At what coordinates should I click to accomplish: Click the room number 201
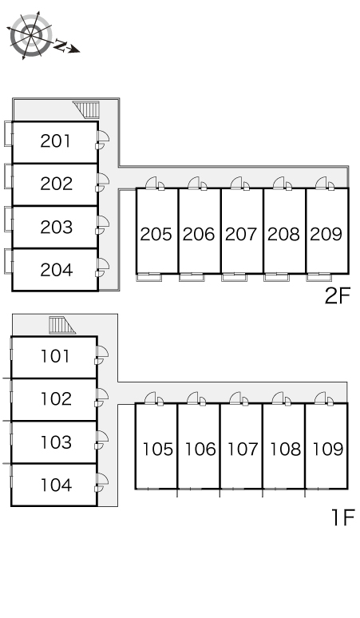[x=56, y=141]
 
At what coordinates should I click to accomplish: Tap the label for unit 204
[x=57, y=270]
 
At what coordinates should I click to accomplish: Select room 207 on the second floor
[x=241, y=234]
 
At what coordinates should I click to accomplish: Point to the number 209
[x=326, y=234]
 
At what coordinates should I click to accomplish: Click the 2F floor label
[x=338, y=295]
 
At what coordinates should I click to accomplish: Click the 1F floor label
[x=343, y=517]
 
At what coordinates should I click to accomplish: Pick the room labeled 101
[x=56, y=356]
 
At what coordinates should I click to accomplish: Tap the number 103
[x=57, y=442]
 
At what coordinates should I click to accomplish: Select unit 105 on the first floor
[x=157, y=450]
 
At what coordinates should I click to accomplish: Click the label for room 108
[x=285, y=450]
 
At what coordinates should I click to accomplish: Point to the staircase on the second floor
[x=87, y=109]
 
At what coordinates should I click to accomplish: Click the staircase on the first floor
[x=61, y=325]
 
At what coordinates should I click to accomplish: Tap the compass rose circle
[x=30, y=34]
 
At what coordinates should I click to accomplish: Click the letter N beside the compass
[x=60, y=46]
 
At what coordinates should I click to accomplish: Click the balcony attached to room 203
[x=8, y=218]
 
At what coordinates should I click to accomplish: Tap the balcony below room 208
[x=276, y=278]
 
